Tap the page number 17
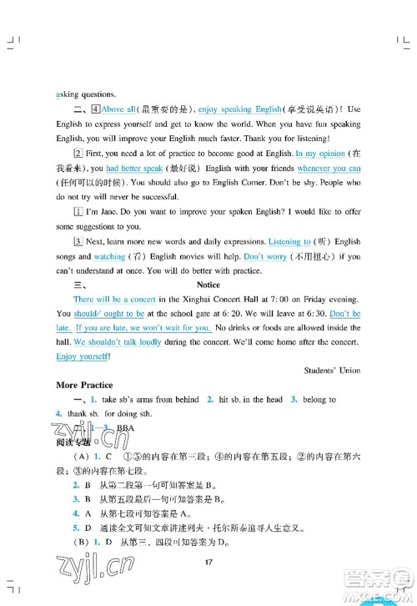[x=208, y=562]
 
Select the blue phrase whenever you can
[x=328, y=169]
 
